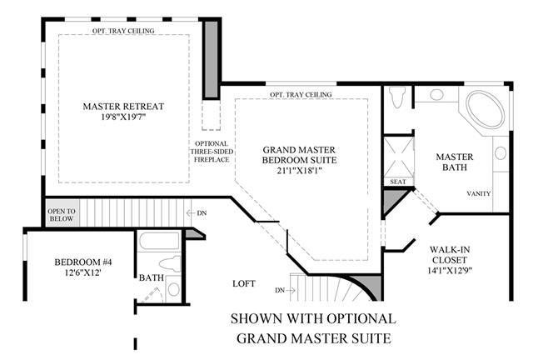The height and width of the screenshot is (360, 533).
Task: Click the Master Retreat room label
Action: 123,107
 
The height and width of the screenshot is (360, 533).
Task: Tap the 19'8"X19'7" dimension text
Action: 123,117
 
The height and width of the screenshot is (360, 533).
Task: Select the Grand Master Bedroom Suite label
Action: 300,155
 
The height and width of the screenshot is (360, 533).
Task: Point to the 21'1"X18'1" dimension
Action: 300,171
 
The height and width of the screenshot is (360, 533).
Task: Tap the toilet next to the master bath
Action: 397,97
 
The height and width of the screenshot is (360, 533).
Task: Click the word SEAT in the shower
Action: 398,182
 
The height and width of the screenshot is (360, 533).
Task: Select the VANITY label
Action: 479,193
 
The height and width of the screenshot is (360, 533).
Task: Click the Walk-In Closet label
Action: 450,255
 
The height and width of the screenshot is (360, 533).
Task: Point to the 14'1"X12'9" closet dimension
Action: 450,271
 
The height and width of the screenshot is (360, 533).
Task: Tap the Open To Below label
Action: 62,215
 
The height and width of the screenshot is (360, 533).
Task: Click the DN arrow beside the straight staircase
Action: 197,213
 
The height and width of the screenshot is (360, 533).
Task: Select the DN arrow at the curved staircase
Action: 285,290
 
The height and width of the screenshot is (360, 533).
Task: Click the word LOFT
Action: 244,283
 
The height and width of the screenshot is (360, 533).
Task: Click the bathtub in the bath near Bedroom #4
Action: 159,241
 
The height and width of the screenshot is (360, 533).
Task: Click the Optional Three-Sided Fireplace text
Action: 212,152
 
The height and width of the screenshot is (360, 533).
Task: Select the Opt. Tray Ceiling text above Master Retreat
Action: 123,31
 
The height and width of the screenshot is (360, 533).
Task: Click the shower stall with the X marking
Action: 399,157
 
